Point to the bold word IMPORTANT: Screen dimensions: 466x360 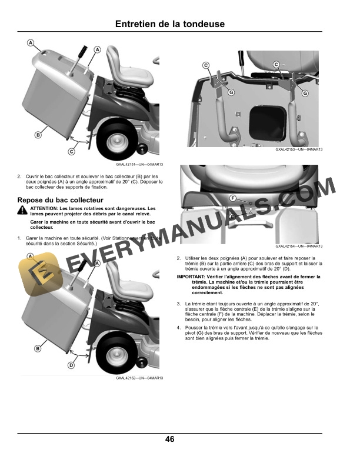pos(192,276)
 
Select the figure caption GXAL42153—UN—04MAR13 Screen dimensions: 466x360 pos(299,149)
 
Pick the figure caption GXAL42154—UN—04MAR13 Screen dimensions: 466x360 pos(299,247)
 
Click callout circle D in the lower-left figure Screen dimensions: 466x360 pos(71,365)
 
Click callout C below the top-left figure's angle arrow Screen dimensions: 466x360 pos(71,152)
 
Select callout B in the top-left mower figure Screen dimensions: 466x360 pos(38,135)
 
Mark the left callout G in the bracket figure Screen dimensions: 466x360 pos(231,93)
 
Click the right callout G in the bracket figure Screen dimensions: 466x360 pos(305,93)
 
